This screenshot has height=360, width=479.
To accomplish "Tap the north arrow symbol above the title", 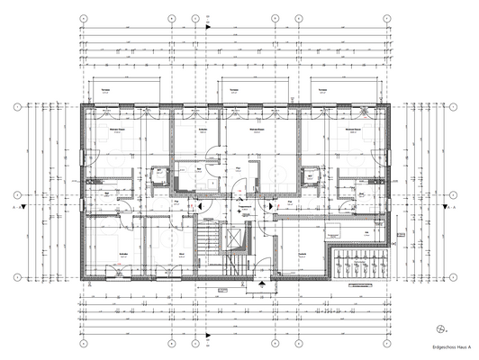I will click(x=438, y=328).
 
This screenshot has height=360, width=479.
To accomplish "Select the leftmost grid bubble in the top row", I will click(x=83, y=18).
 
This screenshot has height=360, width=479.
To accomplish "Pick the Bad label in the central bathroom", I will click(x=200, y=167).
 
